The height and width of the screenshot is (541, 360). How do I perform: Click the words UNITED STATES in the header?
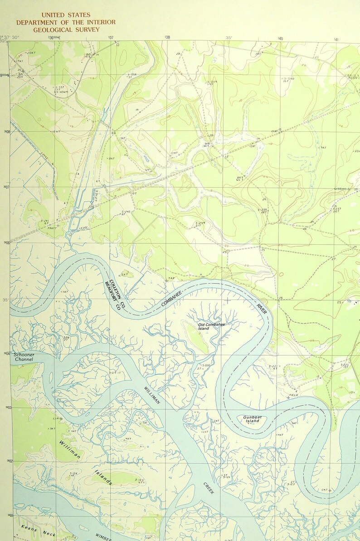click(66, 15)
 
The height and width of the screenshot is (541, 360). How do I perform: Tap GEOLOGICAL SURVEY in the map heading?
click(66, 29)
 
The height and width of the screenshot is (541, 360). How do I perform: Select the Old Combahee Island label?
click(211, 326)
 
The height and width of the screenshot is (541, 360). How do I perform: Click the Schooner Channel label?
click(24, 357)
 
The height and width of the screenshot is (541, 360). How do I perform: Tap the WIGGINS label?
click(340, 189)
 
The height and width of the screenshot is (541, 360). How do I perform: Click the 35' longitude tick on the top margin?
click(229, 38)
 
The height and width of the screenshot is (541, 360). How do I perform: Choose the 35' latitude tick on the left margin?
click(5, 300)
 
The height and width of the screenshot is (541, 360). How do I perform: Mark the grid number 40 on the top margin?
click(281, 39)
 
